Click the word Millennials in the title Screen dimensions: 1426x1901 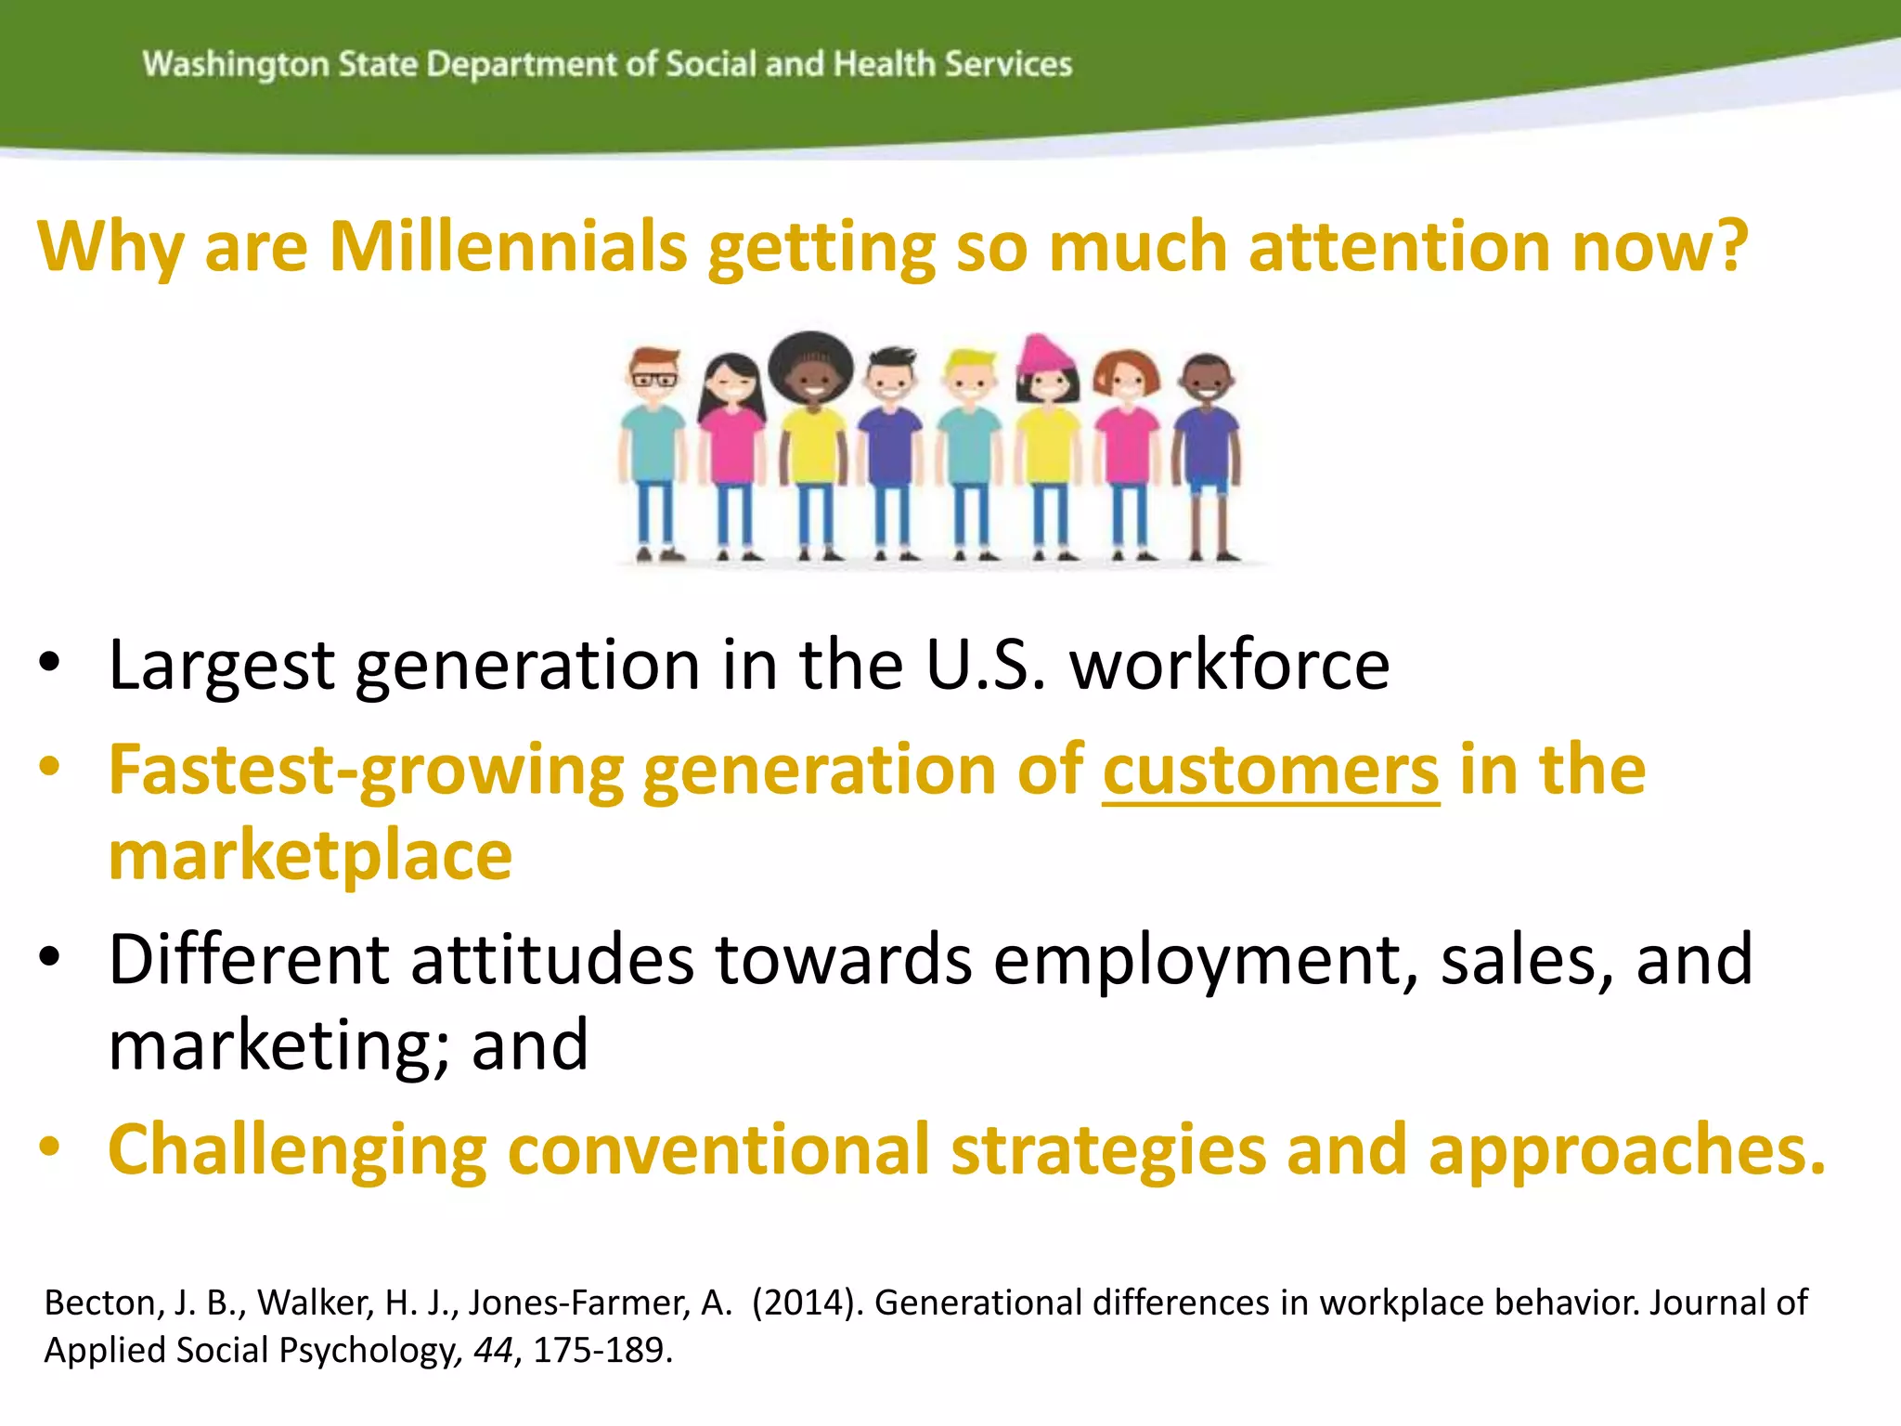508,247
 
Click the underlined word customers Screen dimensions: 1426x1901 1271,771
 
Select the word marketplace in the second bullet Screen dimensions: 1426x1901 310,856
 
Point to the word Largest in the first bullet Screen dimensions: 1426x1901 221,667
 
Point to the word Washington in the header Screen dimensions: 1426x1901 236,65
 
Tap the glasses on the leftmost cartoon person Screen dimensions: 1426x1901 654,379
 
